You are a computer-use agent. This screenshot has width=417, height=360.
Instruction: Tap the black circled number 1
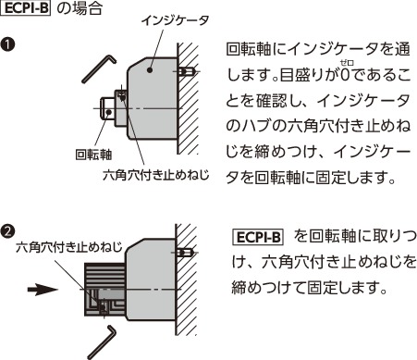pos(8,45)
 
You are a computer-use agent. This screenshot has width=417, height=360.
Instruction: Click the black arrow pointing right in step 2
pos(40,288)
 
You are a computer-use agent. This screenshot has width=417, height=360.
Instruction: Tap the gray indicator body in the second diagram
pos(153,278)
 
